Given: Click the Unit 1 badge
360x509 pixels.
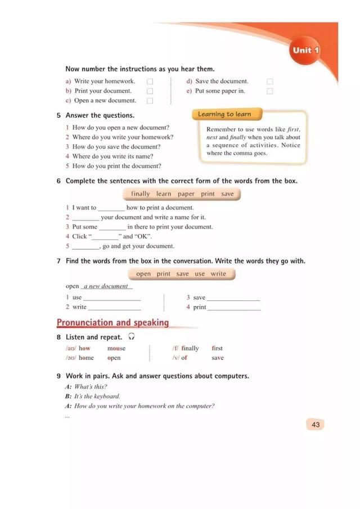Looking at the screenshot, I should (x=305, y=51).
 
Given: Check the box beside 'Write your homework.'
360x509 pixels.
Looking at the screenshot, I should (x=150, y=82).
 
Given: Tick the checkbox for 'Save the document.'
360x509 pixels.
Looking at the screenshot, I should (x=270, y=82).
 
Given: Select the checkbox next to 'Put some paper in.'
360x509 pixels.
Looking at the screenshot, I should (x=270, y=91).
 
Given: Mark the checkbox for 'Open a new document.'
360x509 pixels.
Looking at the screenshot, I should (x=150, y=101).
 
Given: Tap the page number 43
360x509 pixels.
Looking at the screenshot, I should (x=315, y=425).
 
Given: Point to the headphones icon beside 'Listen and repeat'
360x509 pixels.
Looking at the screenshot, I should (x=131, y=337).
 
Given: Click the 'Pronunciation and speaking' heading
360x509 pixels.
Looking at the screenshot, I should (x=112, y=323).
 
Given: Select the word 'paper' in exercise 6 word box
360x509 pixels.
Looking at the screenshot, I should (x=186, y=194).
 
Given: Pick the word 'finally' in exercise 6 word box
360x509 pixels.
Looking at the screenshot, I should (x=141, y=194).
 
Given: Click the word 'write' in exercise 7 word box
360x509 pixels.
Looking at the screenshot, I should (x=218, y=274).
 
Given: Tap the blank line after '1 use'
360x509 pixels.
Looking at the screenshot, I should (x=112, y=299).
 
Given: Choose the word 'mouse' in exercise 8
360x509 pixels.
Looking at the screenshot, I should (x=116, y=349).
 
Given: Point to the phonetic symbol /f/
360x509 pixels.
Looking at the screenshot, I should (x=175, y=349).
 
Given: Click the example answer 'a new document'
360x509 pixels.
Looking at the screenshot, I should (x=106, y=286).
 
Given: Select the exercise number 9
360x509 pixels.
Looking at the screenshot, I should (x=58, y=376).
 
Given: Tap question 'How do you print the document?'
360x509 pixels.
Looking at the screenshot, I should (x=116, y=166).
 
